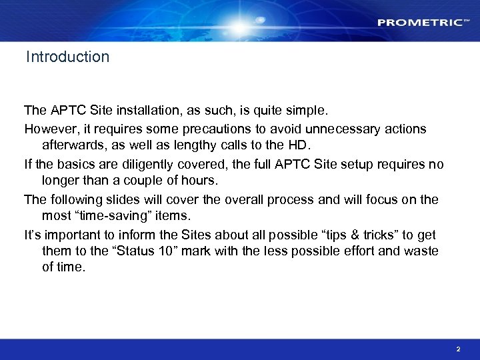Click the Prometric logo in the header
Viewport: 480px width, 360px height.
click(x=420, y=23)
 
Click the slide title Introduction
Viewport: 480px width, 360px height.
click(x=67, y=57)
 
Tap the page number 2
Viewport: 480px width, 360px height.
click(x=458, y=349)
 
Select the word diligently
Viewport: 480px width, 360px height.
click(x=153, y=164)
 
